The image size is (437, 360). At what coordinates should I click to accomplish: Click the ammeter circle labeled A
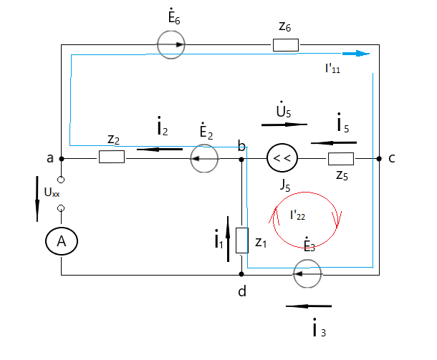tap(62, 243)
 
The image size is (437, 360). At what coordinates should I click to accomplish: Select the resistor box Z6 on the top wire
tap(285, 45)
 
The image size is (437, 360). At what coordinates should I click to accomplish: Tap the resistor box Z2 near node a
tap(112, 157)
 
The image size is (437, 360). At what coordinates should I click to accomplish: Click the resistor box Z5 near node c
tap(341, 158)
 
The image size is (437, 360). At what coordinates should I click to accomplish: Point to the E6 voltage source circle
tap(171, 45)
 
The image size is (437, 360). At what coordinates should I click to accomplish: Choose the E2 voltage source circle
tap(204, 157)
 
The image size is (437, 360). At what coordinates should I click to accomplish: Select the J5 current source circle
tap(280, 158)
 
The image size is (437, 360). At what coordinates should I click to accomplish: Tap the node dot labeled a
tap(62, 157)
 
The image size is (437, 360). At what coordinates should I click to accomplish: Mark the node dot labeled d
tap(242, 273)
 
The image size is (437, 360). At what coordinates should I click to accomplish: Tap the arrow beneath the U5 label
tap(284, 124)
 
